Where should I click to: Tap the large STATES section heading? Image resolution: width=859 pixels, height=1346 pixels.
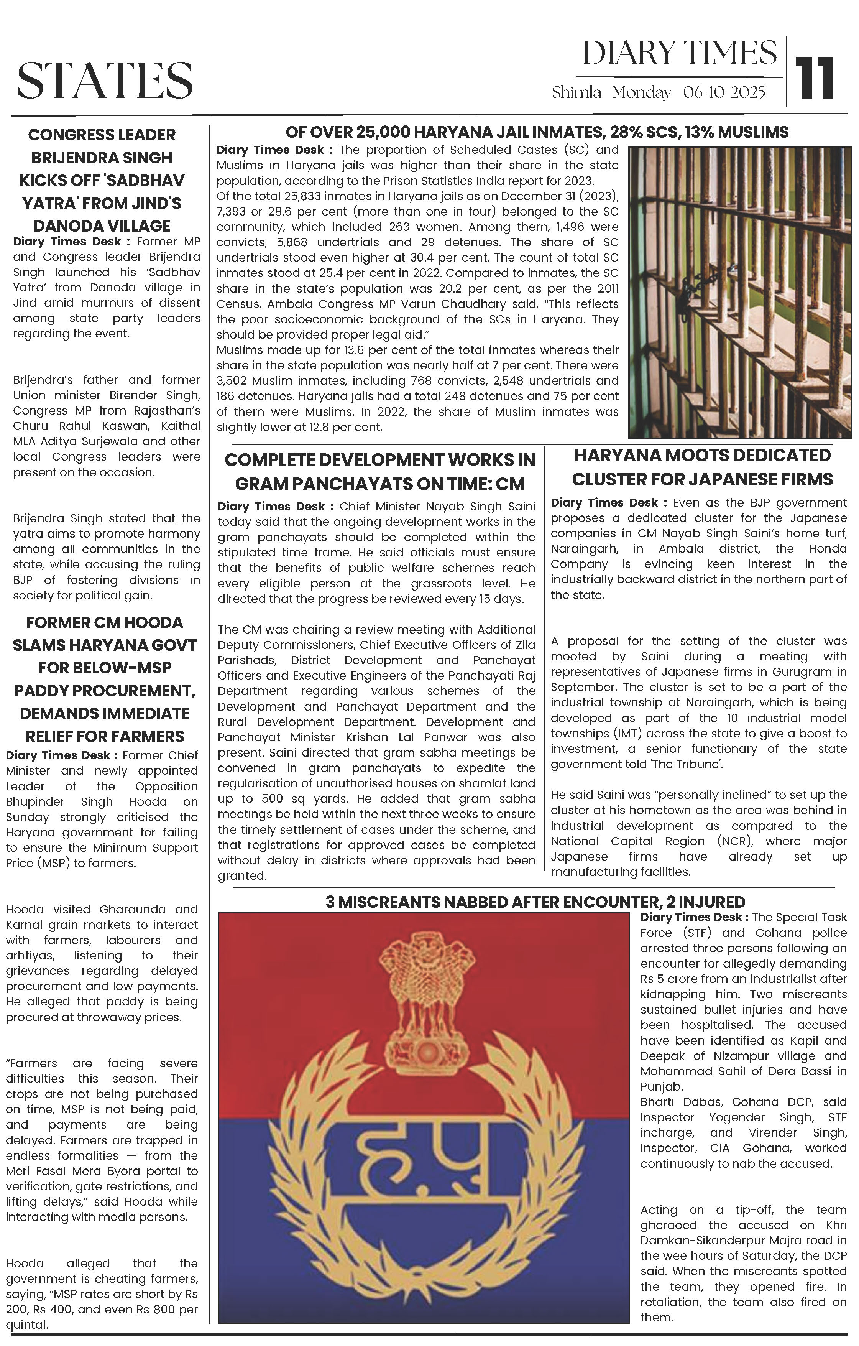pyautogui.click(x=105, y=81)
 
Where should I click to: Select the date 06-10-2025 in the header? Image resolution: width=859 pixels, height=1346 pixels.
pyautogui.click(x=724, y=92)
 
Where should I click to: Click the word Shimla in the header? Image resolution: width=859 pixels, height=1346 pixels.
pyautogui.click(x=576, y=92)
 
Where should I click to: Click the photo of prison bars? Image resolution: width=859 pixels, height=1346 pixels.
pyautogui.click(x=739, y=292)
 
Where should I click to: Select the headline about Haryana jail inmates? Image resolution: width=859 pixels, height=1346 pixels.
pyautogui.click(x=537, y=132)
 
